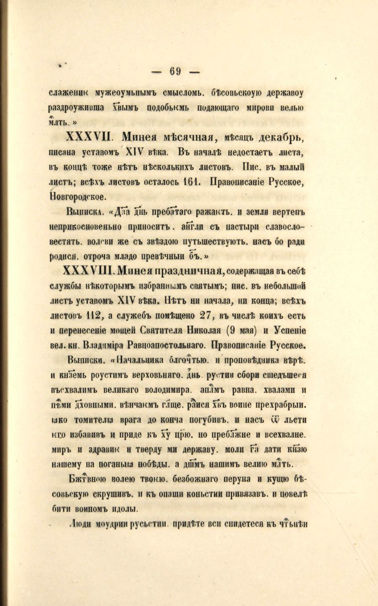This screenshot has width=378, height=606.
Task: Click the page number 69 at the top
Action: click(175, 71)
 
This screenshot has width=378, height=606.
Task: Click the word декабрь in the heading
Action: click(280, 137)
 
